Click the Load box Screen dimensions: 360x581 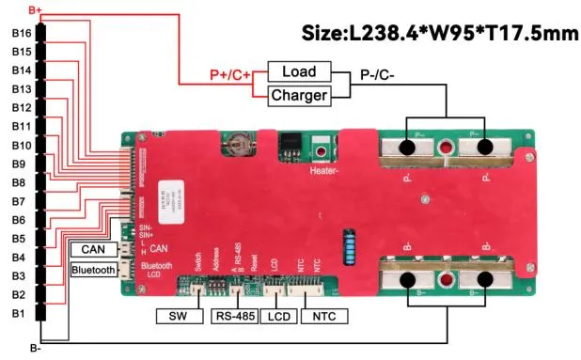[x=299, y=71]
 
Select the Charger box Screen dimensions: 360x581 [x=299, y=95]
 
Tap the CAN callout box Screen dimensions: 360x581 [x=93, y=249]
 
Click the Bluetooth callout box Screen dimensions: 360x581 [x=93, y=271]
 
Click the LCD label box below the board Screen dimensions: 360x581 [x=277, y=316]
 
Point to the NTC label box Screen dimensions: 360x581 [x=324, y=316]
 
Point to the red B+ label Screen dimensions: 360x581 [x=39, y=8]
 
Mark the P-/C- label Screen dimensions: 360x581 [x=379, y=70]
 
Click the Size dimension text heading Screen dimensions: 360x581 [x=438, y=35]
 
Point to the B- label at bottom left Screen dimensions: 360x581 [x=36, y=349]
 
